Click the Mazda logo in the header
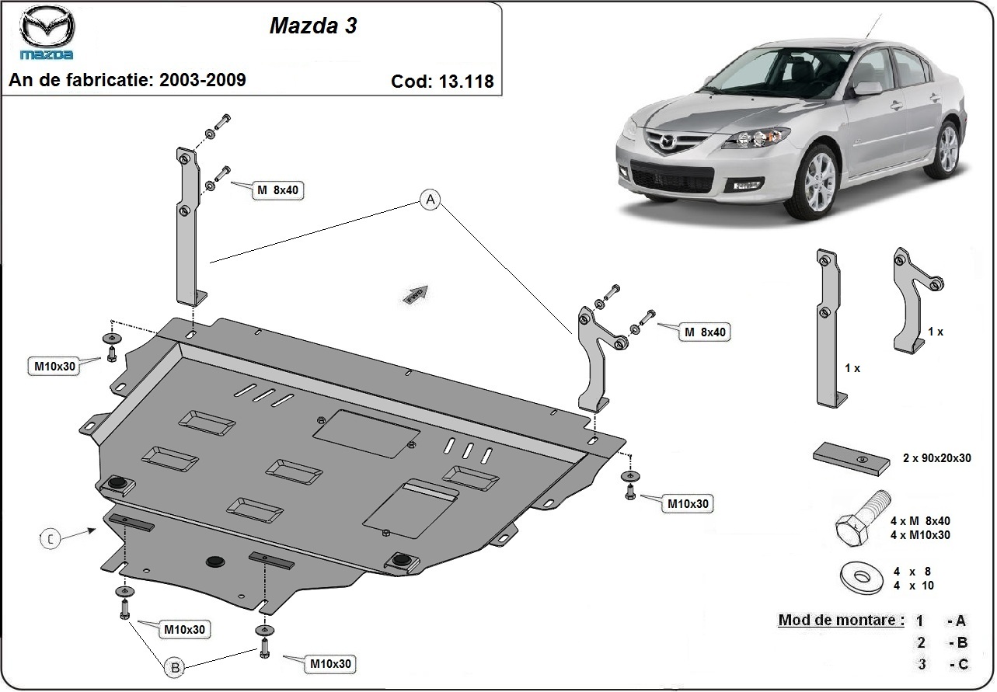click(x=47, y=36)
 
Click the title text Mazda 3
click(x=313, y=26)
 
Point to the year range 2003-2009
click(x=203, y=79)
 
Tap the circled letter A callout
click(x=430, y=200)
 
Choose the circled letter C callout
click(x=50, y=537)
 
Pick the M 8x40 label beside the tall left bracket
click(x=277, y=190)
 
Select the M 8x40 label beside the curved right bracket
click(x=705, y=332)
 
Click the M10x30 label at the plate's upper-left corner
click(x=54, y=366)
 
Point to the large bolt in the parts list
click(x=859, y=522)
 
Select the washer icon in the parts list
click(x=860, y=578)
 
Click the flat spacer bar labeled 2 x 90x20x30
click(x=852, y=460)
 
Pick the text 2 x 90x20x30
click(x=936, y=458)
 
